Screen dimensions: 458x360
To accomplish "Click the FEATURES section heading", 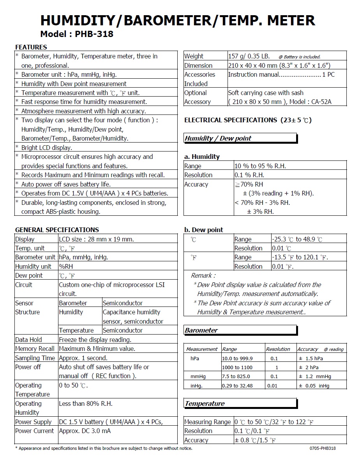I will [x=31, y=47].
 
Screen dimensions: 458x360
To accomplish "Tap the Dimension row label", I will [x=198, y=65].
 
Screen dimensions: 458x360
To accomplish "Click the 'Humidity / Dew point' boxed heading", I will [x=218, y=138].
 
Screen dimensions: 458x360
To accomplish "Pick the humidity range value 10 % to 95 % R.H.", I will [x=260, y=166].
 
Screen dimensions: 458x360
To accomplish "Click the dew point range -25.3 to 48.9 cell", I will [x=297, y=239].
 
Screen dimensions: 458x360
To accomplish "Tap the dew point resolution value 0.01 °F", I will [x=283, y=266].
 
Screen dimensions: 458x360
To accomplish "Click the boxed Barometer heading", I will [x=201, y=330].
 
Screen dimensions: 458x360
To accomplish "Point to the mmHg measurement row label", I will [x=198, y=376].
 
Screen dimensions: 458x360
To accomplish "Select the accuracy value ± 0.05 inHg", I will [x=314, y=386].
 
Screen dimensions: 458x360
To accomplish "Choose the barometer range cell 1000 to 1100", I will [x=237, y=367].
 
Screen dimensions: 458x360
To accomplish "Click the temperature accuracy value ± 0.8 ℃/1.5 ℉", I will [x=255, y=440].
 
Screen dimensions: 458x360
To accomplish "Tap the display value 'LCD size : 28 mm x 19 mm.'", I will [x=96, y=239].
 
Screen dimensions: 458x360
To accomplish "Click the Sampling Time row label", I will [x=35, y=358].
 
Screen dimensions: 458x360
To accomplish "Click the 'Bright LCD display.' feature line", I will [x=47, y=148].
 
